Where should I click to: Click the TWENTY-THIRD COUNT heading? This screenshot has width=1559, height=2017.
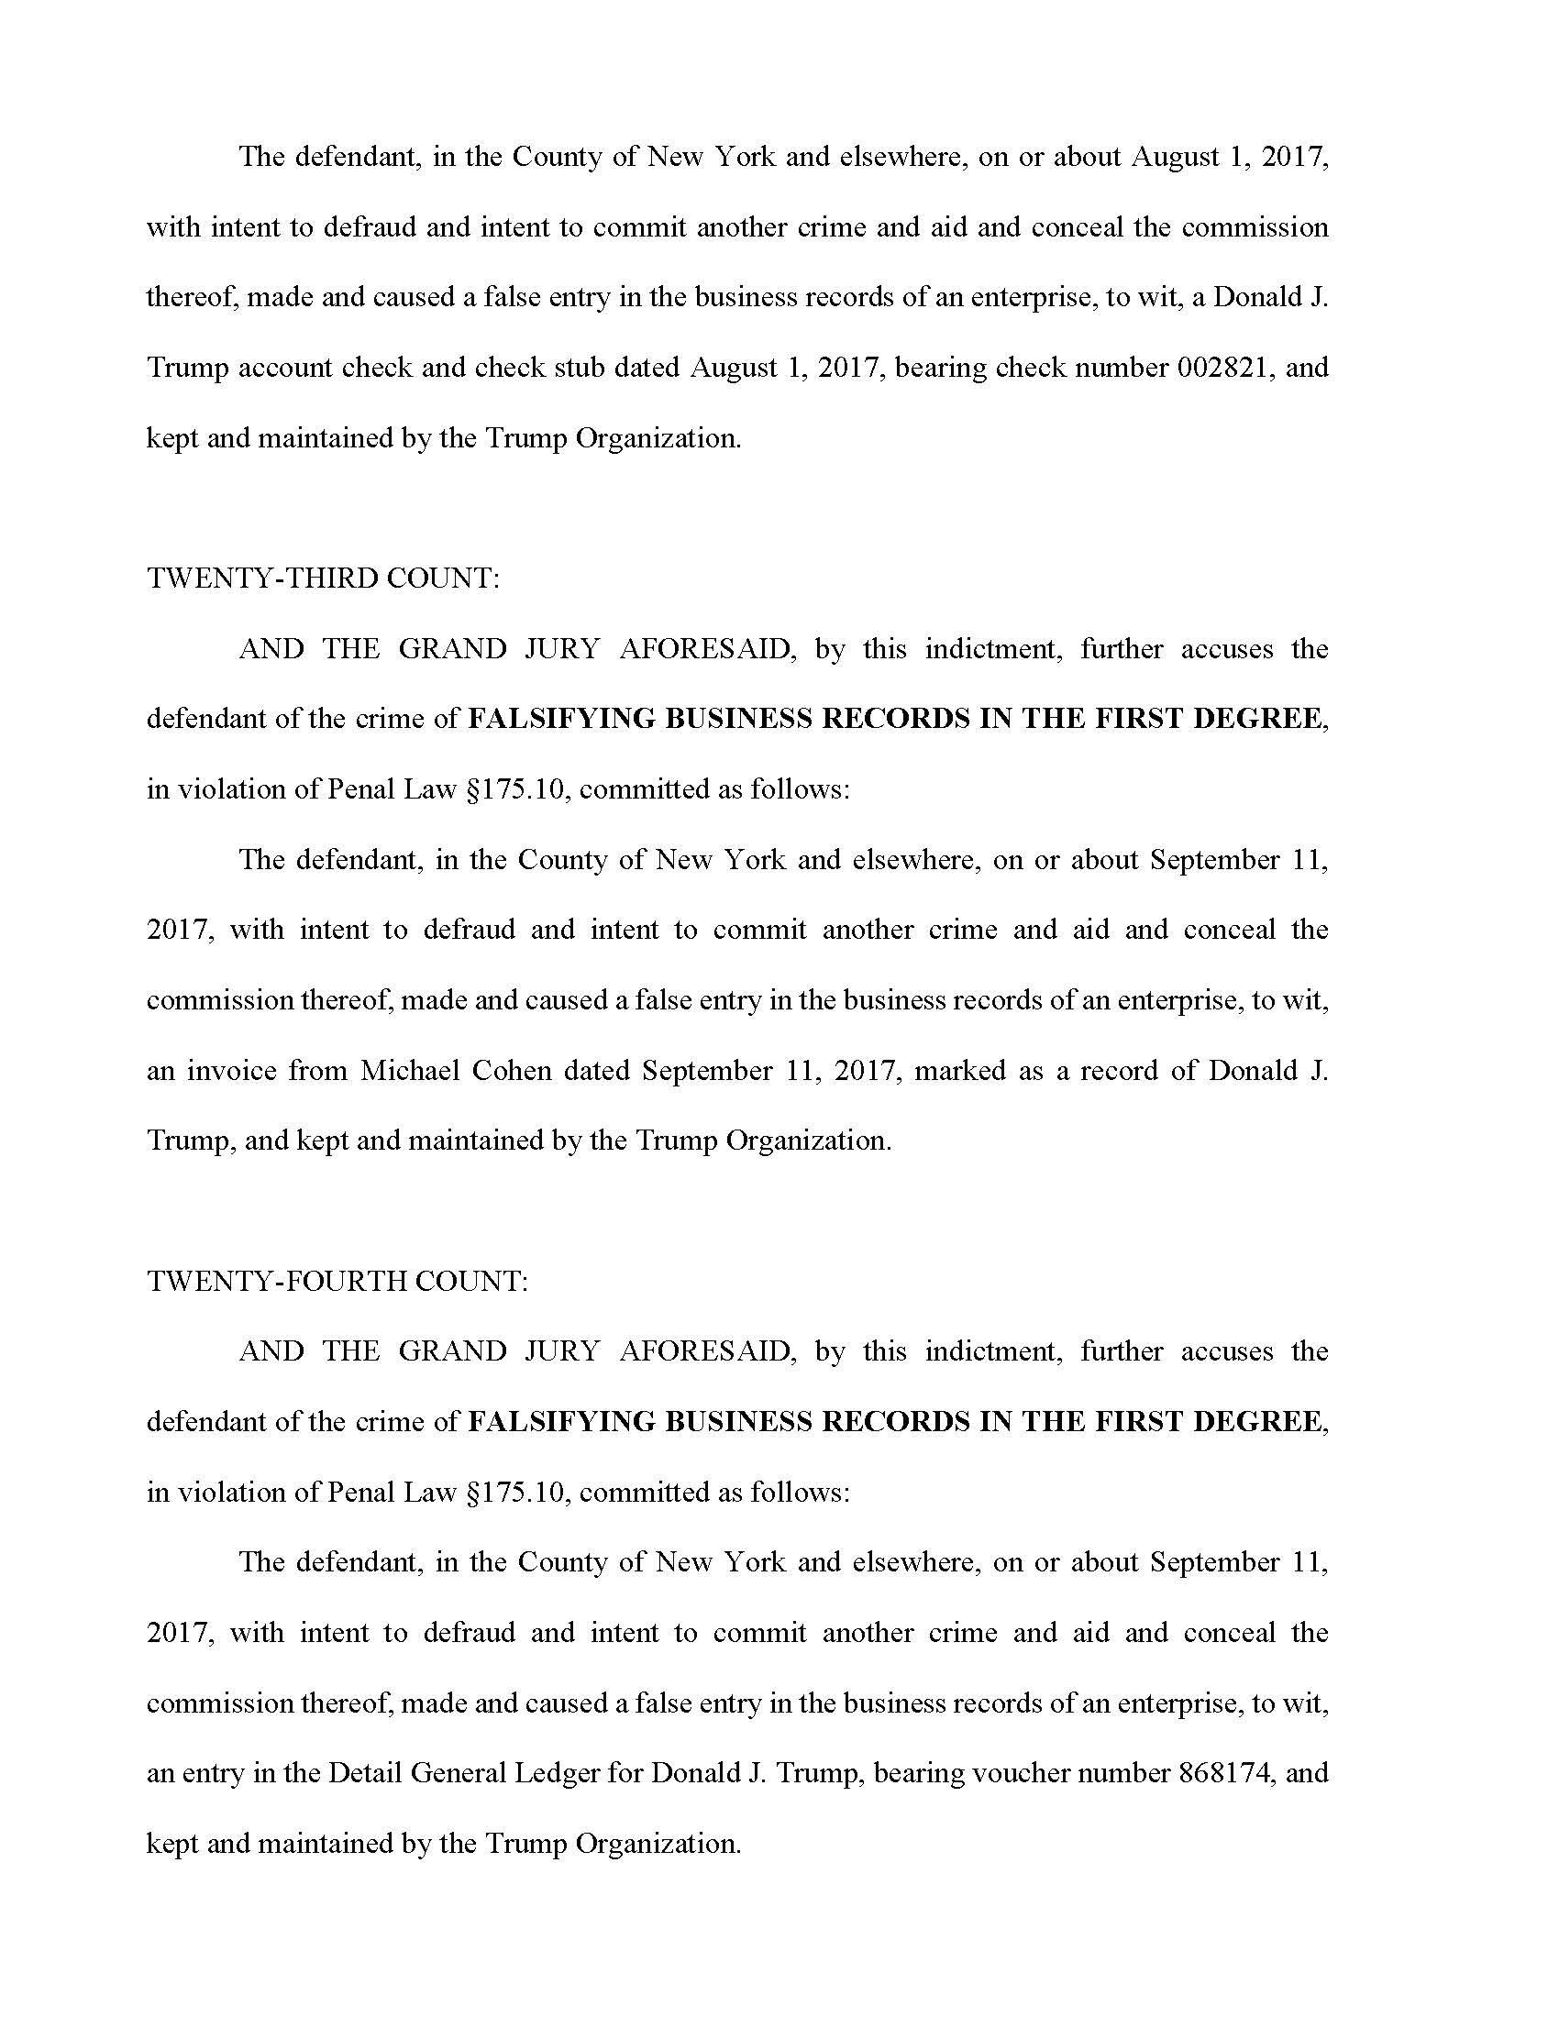pyautogui.click(x=322, y=579)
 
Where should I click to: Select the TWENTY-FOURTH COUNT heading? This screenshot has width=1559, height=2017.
pyautogui.click(x=337, y=1281)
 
